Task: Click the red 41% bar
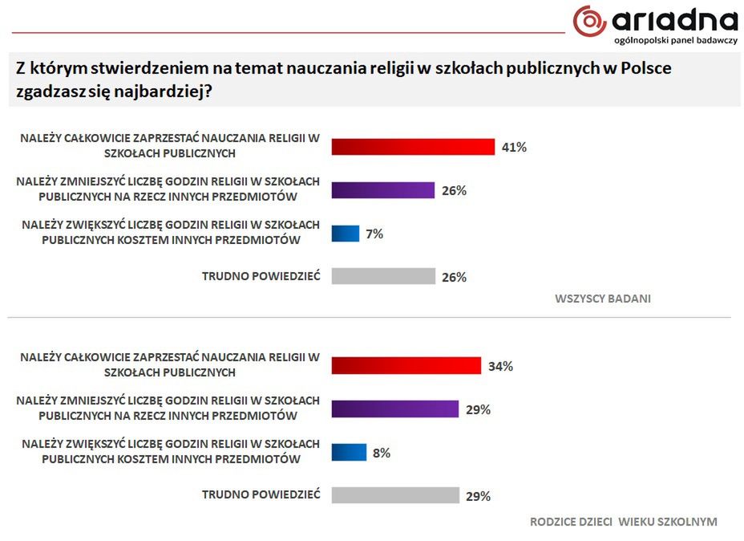tap(413, 147)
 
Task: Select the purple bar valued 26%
tap(383, 190)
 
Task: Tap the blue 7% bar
tap(346, 234)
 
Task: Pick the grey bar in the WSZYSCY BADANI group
tap(383, 277)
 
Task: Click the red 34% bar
tap(406, 366)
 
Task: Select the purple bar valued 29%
tap(394, 409)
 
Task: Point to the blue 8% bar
tap(349, 453)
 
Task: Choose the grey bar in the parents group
tap(394, 495)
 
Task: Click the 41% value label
tap(514, 147)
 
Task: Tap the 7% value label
tap(374, 234)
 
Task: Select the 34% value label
tap(500, 366)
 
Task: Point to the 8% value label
tap(381, 453)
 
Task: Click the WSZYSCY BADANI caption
tap(602, 299)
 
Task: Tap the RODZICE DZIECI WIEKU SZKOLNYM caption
tap(623, 522)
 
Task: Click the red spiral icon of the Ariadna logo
tap(589, 21)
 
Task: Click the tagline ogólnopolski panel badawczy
tap(675, 40)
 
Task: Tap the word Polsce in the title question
tap(646, 68)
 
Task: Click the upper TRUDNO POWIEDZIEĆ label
tap(261, 276)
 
